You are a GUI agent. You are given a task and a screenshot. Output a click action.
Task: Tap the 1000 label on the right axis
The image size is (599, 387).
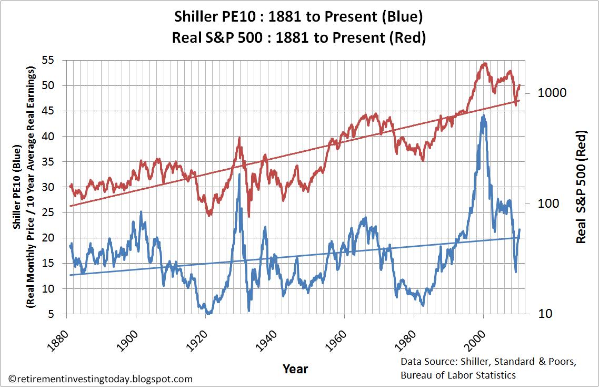pos(552,93)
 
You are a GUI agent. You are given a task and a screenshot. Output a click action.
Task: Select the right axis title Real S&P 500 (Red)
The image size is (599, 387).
pos(581,187)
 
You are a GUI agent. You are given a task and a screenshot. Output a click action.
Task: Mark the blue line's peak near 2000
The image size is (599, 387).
pos(483,115)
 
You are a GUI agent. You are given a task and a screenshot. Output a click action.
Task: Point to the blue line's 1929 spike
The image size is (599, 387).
pos(239,174)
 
